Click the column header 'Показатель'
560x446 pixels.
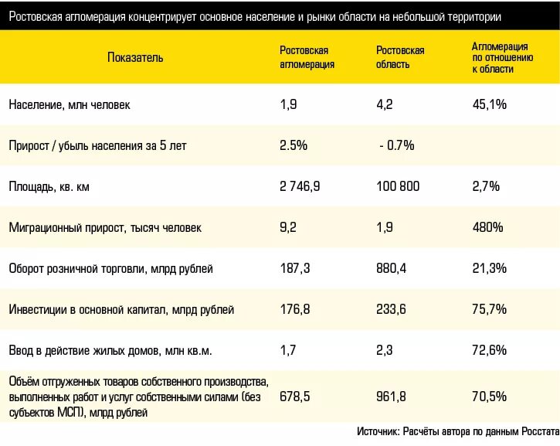tap(135, 58)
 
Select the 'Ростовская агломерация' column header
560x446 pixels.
tap(307, 58)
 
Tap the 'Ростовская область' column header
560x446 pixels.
tap(400, 58)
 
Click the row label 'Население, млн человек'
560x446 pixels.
tap(70, 105)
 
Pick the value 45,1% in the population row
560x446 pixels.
tap(489, 105)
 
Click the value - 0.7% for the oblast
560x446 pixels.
tap(397, 145)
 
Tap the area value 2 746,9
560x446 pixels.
tap(300, 186)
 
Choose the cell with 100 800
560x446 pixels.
tap(399, 186)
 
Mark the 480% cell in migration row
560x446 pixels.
tap(487, 227)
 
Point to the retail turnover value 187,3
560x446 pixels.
tap(294, 268)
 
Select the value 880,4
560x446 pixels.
tap(392, 268)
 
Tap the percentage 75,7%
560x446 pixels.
tap(489, 309)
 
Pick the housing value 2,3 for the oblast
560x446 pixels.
tap(385, 350)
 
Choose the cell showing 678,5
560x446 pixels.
tap(294, 397)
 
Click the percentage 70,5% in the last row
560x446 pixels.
tap(489, 397)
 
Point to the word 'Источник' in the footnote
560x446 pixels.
tap(377, 431)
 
